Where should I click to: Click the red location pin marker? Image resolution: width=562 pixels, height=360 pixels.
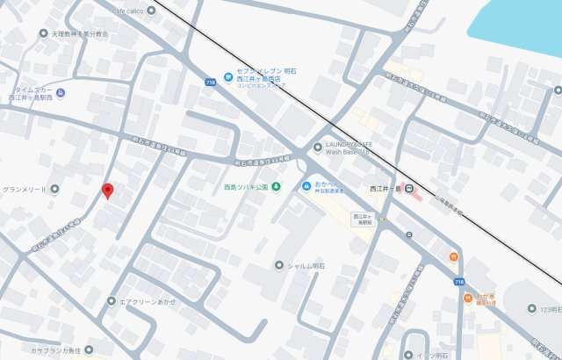(x=107, y=191)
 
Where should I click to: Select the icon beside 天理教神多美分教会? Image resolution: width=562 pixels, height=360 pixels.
(x=44, y=33)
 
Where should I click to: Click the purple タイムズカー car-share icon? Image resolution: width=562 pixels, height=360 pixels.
(x=60, y=94)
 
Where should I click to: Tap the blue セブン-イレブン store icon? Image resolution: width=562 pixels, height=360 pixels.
(x=227, y=74)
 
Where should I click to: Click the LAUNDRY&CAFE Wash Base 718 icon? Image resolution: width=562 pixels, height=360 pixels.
(x=318, y=147)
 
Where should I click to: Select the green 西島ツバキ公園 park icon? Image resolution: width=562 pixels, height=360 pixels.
(x=276, y=186)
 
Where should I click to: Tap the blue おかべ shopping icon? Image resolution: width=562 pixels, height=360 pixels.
(x=306, y=186)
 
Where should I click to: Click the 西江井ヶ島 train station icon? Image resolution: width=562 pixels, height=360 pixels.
(x=409, y=188)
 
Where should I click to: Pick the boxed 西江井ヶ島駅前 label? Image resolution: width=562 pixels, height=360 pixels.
(x=363, y=220)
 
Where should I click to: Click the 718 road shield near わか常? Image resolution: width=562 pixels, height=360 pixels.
(x=459, y=281)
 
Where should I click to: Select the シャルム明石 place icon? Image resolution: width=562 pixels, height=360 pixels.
(x=279, y=265)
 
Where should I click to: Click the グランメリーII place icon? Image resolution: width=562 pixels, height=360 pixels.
(x=54, y=189)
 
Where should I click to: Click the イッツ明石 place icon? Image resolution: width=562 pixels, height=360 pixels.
(x=421, y=355)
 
